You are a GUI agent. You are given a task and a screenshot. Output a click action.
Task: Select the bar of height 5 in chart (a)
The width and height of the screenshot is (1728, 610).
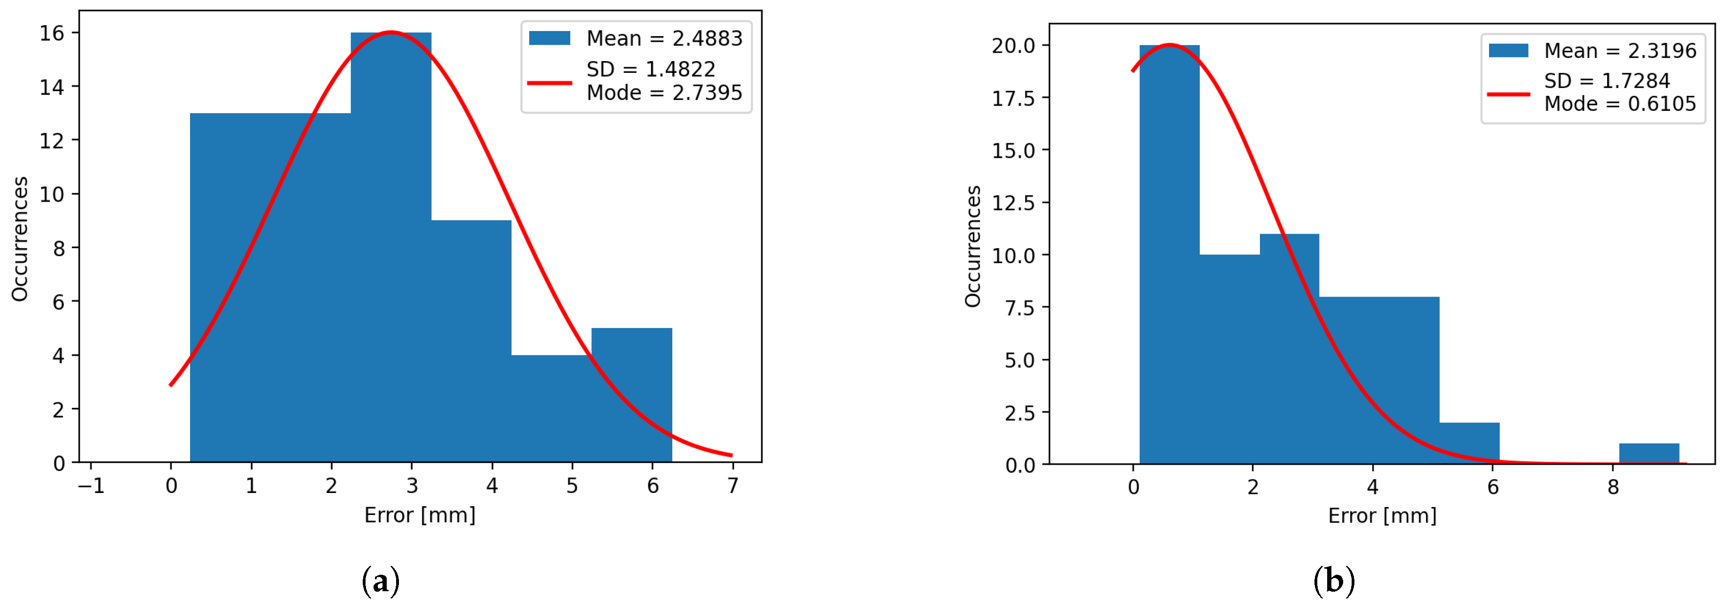[x=631, y=396]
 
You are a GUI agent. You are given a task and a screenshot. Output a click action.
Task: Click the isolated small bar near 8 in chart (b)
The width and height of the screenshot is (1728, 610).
[x=1649, y=454]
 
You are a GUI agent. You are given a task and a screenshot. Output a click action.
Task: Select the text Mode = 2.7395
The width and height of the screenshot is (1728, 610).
[x=664, y=93]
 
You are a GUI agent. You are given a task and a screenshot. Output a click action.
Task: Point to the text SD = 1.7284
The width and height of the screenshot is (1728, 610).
[x=1607, y=81]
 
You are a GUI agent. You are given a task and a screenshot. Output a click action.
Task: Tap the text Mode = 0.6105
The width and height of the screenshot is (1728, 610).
[x=1619, y=104]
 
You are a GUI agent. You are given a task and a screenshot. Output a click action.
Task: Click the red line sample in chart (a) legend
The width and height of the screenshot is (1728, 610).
[x=549, y=82]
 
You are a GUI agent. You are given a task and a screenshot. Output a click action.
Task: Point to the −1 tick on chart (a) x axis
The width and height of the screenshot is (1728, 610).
[x=91, y=485]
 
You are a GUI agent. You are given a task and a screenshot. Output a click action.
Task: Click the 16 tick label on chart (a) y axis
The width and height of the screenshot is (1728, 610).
[x=52, y=33]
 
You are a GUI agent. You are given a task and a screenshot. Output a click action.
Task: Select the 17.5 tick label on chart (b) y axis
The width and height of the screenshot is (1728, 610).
[x=1013, y=99]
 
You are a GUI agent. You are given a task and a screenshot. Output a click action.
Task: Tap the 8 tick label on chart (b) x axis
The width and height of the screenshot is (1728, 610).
[x=1613, y=487]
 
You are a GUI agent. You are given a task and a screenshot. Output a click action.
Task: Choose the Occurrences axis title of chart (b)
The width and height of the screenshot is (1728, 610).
[x=972, y=246]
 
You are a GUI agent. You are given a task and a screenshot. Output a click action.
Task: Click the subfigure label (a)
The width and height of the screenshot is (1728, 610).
[x=380, y=580]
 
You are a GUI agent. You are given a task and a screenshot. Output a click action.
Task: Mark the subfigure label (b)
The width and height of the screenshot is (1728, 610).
[x=1334, y=580]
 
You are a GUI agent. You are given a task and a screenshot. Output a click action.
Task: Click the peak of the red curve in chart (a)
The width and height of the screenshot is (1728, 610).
[x=391, y=31]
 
